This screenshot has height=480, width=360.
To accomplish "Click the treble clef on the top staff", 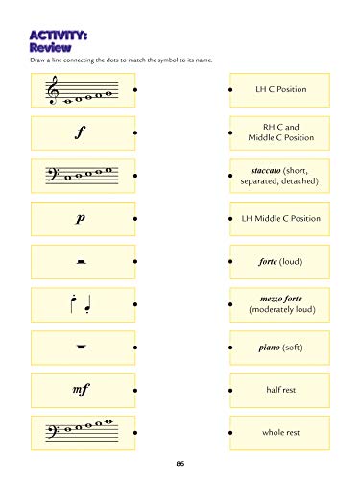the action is pyautogui.click(x=53, y=90).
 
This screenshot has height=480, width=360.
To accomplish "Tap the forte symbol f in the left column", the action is pyautogui.click(x=83, y=133).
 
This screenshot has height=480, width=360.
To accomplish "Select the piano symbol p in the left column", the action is pyautogui.click(x=83, y=219).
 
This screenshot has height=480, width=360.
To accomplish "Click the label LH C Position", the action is pyautogui.click(x=283, y=89).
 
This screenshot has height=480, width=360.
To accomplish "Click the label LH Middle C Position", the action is pyautogui.click(x=283, y=219).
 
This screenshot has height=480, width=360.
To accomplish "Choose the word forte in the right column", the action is pyautogui.click(x=271, y=262).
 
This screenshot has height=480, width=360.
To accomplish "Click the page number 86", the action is pyautogui.click(x=180, y=466).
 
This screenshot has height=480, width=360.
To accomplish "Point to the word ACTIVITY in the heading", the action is pyautogui.click(x=59, y=34).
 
